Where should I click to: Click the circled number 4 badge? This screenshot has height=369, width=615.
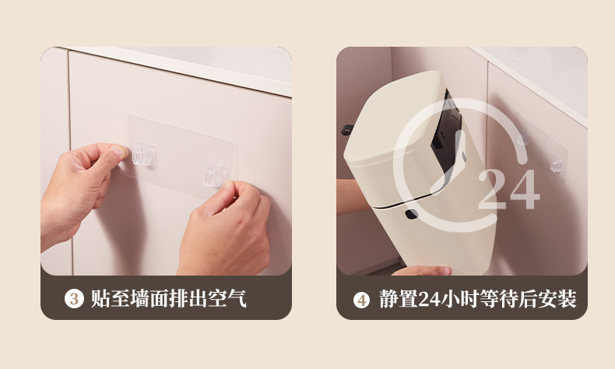[361, 300]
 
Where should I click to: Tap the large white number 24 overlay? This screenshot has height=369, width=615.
[507, 188]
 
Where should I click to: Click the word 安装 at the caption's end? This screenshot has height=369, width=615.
[560, 299]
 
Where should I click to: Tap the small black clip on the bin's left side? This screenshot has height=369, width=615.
[348, 129]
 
